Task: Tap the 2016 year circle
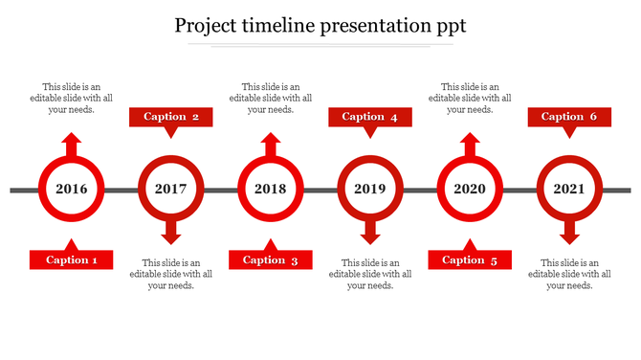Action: [72, 189]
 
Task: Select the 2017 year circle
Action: [171, 189]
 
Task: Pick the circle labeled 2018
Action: [271, 189]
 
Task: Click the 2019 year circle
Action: [370, 189]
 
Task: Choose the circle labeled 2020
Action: [470, 189]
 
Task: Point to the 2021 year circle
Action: [569, 189]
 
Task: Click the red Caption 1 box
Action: [72, 259]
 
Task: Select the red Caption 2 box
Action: [171, 117]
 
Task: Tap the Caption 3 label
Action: [271, 259]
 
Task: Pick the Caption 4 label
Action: [370, 117]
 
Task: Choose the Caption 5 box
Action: [470, 259]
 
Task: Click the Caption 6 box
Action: [569, 117]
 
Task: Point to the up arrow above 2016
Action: [72, 145]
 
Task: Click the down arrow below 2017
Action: [171, 232]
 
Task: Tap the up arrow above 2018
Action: [271, 145]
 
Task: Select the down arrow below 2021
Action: [569, 232]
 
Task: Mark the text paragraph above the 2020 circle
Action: [470, 98]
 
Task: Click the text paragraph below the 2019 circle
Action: [370, 274]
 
